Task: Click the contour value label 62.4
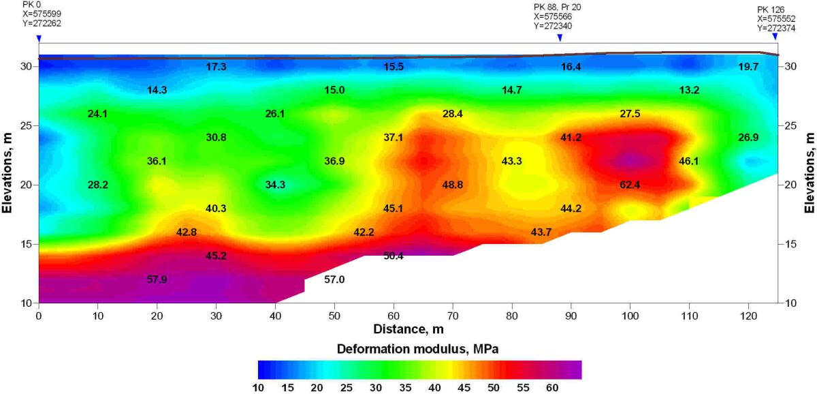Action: click(629, 185)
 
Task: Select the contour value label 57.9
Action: click(157, 279)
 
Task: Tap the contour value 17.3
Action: click(216, 67)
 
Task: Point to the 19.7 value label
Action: click(748, 67)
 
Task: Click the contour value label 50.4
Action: click(393, 256)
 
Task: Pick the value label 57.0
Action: click(334, 279)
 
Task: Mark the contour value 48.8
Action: click(452, 185)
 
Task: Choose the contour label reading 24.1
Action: click(98, 114)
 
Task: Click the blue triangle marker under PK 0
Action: click(39, 38)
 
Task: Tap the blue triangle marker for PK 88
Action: click(560, 38)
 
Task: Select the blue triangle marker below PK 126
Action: click(775, 36)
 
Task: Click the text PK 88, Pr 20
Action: click(557, 7)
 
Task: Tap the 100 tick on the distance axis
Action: click(630, 316)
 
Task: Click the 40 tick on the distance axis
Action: click(275, 316)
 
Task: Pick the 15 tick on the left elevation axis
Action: click(26, 243)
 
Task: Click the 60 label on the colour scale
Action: click(551, 387)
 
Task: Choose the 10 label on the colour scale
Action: click(259, 387)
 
